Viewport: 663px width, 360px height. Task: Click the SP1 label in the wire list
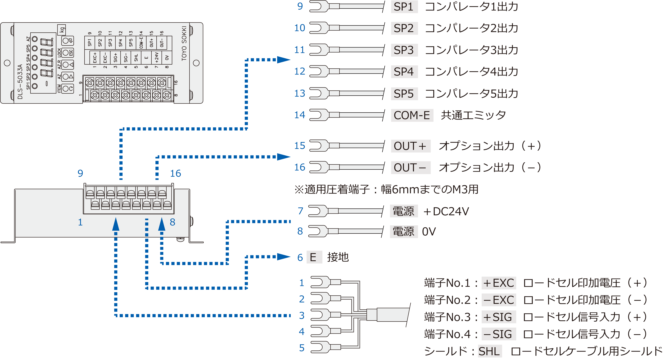(x=404, y=7)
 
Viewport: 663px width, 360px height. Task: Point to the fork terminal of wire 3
(x=319, y=315)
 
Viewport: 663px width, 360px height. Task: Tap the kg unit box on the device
(x=62, y=30)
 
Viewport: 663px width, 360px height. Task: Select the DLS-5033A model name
(x=20, y=82)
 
